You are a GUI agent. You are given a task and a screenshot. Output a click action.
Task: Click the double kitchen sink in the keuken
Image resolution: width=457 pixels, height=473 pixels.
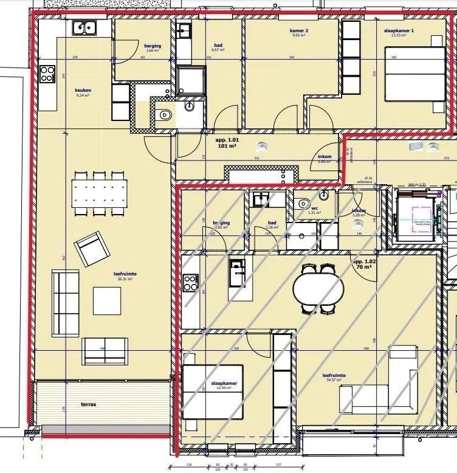pyautogui.click(x=84, y=28)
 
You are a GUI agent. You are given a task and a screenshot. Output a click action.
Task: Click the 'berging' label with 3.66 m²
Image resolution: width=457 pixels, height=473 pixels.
pyautogui.click(x=152, y=46)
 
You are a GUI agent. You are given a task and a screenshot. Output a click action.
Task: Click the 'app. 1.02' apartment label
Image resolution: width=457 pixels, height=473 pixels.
pyautogui.click(x=365, y=261)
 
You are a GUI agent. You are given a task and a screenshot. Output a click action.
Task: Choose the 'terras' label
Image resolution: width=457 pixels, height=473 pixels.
pyautogui.click(x=88, y=404)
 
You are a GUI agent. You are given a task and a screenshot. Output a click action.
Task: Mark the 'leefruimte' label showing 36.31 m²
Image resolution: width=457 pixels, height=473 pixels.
pyautogui.click(x=125, y=275)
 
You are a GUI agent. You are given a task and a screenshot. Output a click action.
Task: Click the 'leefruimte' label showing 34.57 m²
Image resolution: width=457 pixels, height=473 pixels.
pyautogui.click(x=334, y=376)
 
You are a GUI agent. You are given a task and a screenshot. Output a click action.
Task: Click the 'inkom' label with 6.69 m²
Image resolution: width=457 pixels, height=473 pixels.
pyautogui.click(x=325, y=157)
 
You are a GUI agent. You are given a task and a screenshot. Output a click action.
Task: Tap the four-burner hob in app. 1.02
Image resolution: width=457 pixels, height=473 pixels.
pyautogui.click(x=190, y=283)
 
